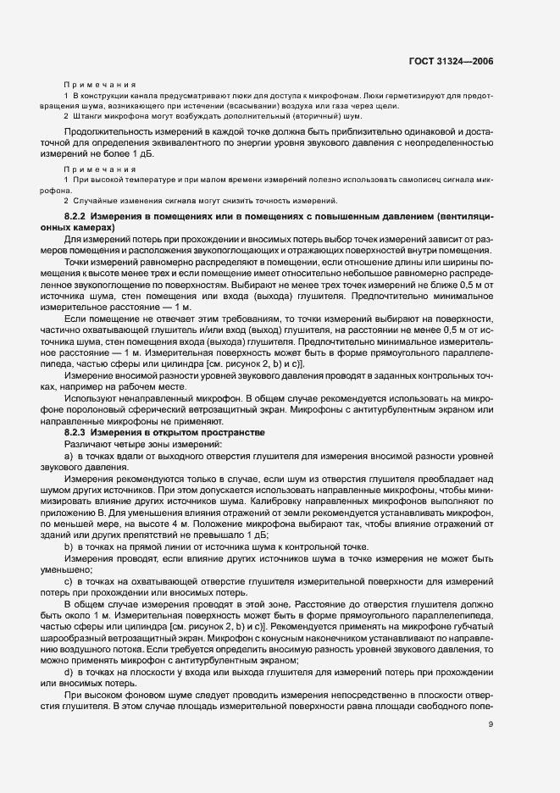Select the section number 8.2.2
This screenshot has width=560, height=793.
(x=77, y=218)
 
